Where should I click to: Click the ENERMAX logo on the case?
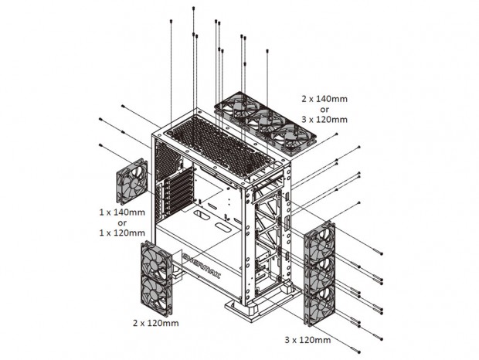point(202,265)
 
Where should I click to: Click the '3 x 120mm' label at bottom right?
point(307,340)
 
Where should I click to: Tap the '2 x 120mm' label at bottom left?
point(156,323)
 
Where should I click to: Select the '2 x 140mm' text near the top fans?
point(324,99)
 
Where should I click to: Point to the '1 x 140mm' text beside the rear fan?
point(122,212)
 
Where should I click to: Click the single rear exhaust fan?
point(131,181)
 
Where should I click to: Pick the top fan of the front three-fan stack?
point(320,241)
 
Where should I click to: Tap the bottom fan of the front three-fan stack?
point(320,306)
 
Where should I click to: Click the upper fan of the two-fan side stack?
point(156,261)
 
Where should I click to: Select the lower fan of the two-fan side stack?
point(156,295)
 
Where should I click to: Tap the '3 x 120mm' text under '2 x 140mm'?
point(324,120)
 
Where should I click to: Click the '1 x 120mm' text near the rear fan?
point(122,233)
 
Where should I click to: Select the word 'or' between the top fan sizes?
point(324,109)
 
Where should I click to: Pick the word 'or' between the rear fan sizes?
point(122,222)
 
